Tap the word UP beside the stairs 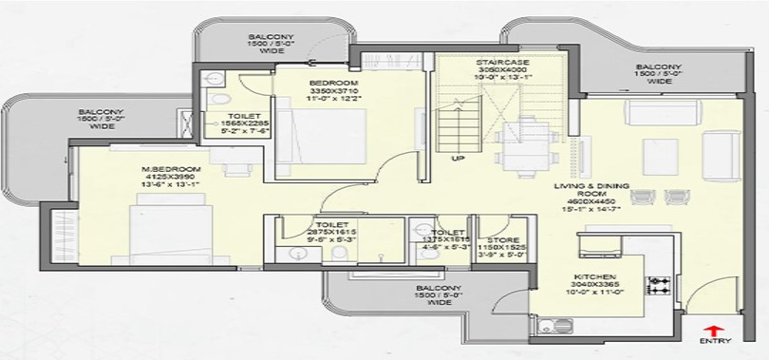point(458,158)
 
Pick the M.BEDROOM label point(155,169)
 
